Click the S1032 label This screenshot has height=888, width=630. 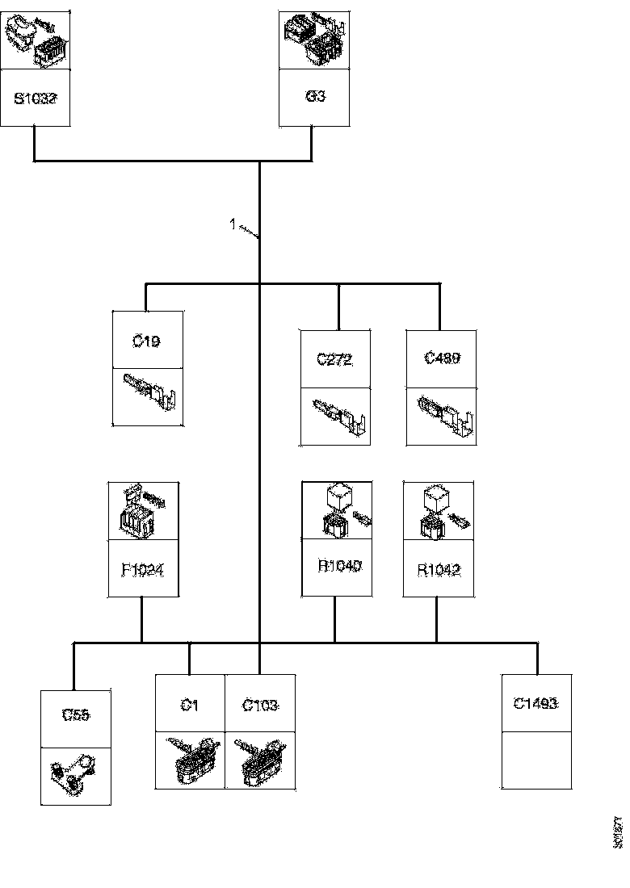click(35, 99)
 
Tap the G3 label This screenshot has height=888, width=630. click(314, 96)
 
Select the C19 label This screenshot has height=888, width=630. click(146, 341)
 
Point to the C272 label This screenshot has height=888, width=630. click(334, 360)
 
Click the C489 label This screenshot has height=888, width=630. click(441, 358)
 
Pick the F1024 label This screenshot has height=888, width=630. click(143, 569)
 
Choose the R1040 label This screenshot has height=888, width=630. click(337, 566)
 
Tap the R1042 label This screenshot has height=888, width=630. click(439, 569)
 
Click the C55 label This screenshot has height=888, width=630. click(76, 714)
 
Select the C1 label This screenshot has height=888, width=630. click(189, 705)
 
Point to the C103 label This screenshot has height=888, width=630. click(260, 705)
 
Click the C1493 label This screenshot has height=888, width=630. click(536, 703)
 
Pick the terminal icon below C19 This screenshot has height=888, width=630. click(148, 396)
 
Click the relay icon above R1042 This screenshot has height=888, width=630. click(439, 512)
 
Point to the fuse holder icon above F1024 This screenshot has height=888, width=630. click(143, 511)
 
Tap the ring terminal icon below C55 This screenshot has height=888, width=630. click(75, 775)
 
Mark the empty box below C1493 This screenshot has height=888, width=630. click(536, 760)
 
